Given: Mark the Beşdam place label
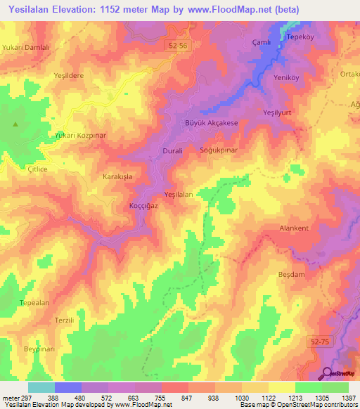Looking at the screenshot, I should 292,275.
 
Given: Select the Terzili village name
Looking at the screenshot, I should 64,320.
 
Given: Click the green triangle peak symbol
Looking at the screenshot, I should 16,124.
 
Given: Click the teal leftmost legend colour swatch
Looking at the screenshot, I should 41,387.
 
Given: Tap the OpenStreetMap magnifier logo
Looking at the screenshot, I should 328,373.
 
